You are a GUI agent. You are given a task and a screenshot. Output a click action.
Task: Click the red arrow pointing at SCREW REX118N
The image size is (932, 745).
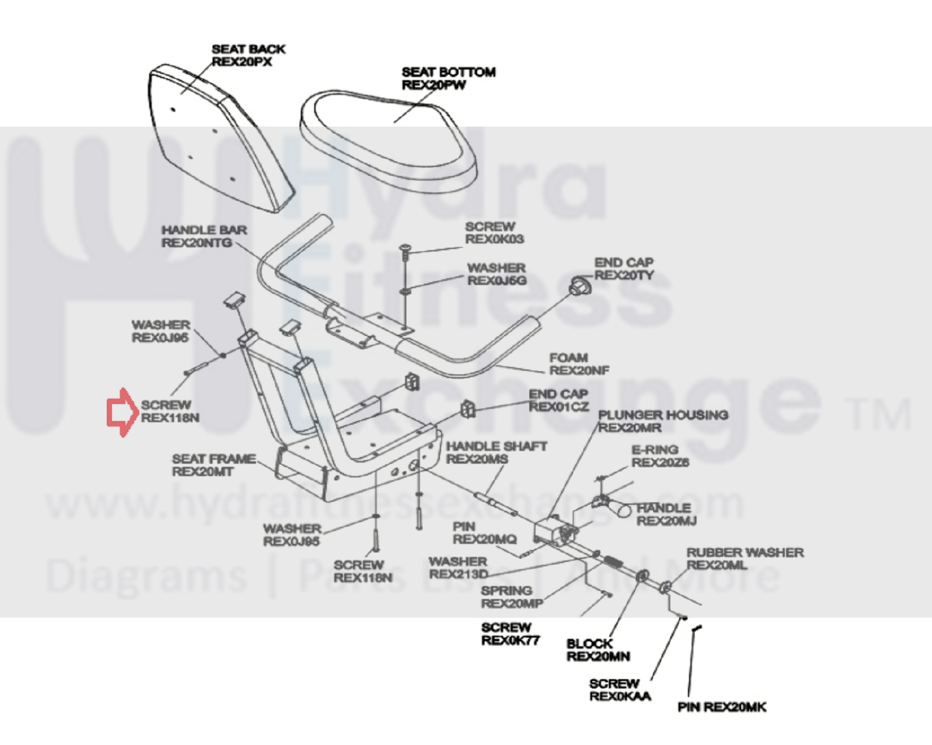[x=121, y=411]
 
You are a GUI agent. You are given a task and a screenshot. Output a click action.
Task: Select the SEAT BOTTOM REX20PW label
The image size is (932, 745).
[x=448, y=78]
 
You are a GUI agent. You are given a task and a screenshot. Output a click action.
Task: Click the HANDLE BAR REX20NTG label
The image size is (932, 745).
[x=204, y=236]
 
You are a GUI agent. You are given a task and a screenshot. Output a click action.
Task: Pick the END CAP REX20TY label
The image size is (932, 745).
[x=624, y=269]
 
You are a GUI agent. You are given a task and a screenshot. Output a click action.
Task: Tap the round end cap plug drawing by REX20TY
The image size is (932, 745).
[x=580, y=286]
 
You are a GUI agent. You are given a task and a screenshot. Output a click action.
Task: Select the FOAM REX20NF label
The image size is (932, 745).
[x=578, y=364]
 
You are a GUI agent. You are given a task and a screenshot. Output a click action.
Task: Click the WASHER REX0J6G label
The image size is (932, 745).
[x=497, y=274]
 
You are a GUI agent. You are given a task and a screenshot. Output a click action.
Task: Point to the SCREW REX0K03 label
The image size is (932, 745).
[x=494, y=233]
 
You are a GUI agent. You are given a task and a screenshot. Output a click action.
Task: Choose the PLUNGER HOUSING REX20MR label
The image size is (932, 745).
[x=662, y=421]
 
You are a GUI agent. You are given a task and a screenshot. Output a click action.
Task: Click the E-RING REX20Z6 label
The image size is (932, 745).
[x=660, y=456]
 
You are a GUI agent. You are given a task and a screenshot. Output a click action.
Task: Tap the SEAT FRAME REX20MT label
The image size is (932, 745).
[x=213, y=465]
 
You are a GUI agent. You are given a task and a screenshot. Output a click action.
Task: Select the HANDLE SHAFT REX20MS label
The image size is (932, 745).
[x=496, y=452]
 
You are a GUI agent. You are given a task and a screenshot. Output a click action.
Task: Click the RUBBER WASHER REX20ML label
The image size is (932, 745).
[x=744, y=559]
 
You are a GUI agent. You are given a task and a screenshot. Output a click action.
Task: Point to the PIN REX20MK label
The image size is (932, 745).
[x=721, y=707]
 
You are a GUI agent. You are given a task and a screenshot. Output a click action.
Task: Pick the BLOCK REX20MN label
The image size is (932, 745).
[x=597, y=650]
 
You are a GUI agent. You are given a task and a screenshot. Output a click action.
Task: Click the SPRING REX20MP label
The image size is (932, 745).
[x=511, y=597]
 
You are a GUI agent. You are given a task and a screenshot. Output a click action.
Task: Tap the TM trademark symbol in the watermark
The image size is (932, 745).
[x=877, y=414]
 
